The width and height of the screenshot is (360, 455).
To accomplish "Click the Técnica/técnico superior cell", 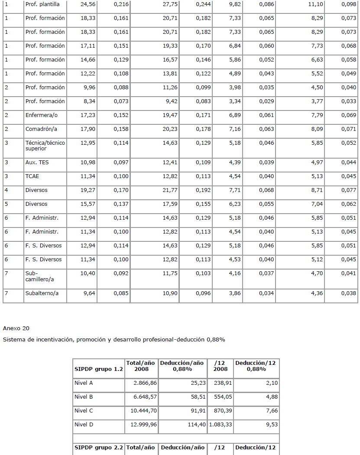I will point(45,146).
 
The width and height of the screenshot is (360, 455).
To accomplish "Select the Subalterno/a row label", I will point(42,293).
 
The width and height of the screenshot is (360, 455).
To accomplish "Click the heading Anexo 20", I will point(16,328).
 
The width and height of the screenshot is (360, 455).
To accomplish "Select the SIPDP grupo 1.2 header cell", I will point(99,369).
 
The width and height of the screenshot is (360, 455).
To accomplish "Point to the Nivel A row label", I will point(84,383).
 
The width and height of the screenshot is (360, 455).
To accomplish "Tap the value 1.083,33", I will point(221,425).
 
